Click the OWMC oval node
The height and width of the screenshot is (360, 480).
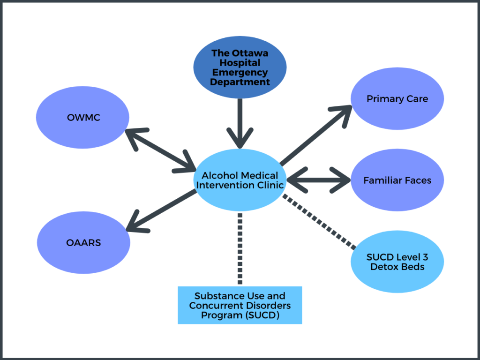click(83, 117)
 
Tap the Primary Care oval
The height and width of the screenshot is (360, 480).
click(397, 99)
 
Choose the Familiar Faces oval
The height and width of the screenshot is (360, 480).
click(397, 180)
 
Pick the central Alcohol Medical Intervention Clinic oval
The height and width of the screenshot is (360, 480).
click(240, 180)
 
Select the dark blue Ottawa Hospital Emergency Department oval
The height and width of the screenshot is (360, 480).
click(240, 68)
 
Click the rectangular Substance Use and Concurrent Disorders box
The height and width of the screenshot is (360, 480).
click(240, 305)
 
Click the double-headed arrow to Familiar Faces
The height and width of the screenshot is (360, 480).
click(319, 180)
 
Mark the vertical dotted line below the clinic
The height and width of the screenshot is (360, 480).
click(240, 248)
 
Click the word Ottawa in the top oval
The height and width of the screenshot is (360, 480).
click(252, 53)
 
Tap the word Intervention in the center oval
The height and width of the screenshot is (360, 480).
click(226, 185)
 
